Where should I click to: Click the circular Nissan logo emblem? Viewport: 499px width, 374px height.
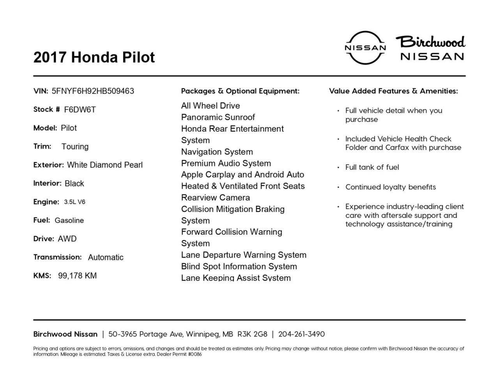point(365,48)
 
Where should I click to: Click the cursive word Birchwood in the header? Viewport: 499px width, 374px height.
point(431,42)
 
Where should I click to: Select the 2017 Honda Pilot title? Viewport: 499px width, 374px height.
point(94,57)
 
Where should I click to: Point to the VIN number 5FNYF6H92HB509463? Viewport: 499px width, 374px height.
point(93,91)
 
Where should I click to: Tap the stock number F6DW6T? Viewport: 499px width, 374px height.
point(80,109)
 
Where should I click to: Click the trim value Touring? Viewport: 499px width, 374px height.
point(75,146)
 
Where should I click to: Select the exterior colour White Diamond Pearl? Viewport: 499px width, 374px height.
point(105,165)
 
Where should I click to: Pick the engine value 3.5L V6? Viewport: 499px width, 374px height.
point(74,202)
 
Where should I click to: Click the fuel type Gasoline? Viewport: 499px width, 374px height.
point(69,221)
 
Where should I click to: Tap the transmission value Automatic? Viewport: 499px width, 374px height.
point(106,258)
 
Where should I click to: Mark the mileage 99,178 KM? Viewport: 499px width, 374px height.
point(77,276)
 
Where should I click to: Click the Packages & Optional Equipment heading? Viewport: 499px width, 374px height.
point(240,91)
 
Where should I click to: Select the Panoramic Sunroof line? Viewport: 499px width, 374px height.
point(218,117)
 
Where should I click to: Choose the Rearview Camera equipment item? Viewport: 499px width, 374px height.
point(216,198)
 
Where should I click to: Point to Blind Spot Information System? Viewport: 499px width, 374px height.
point(239,266)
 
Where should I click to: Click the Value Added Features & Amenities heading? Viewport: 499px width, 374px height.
point(393,91)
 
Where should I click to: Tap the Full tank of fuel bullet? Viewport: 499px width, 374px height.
point(372,167)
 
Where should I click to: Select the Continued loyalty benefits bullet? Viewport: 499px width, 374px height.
point(390,187)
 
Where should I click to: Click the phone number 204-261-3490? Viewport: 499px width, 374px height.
point(301,334)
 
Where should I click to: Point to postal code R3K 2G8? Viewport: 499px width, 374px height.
point(252,334)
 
